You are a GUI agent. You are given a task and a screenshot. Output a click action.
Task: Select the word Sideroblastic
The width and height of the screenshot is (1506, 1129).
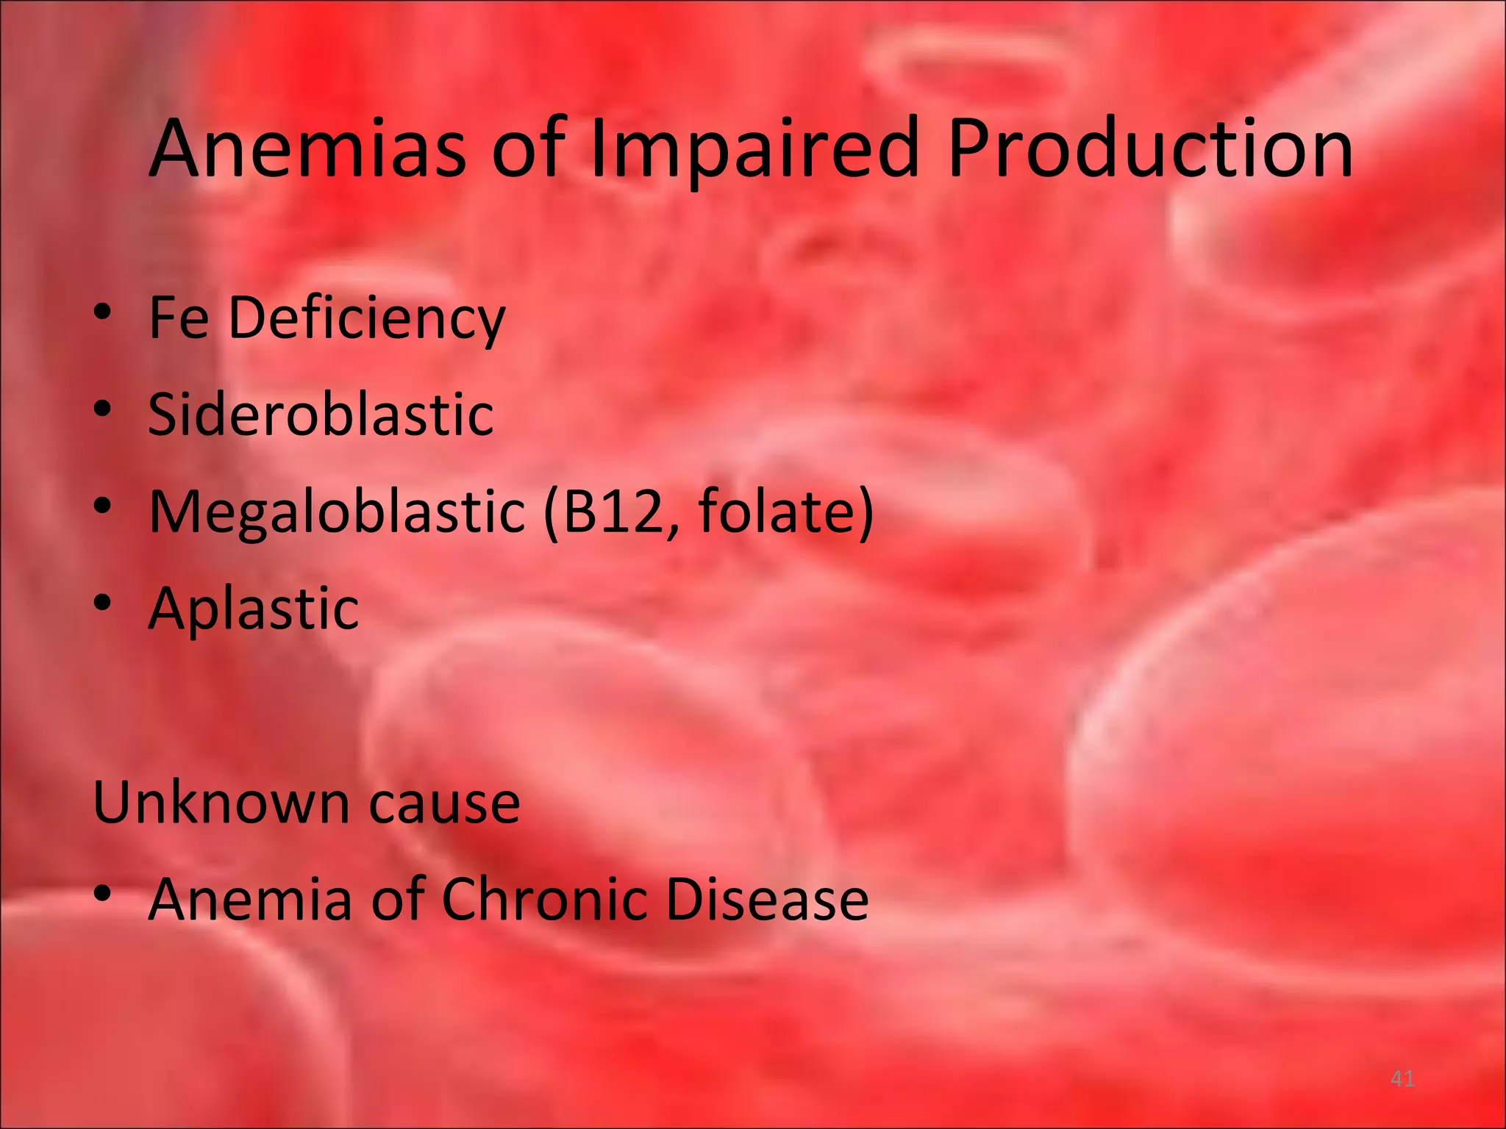point(321,414)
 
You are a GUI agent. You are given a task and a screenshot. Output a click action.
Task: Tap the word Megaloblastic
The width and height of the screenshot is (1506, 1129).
point(337,512)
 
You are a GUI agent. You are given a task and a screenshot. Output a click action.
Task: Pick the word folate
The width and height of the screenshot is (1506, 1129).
point(776,511)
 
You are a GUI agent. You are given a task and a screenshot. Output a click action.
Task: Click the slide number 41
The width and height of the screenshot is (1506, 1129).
point(1402,1079)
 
